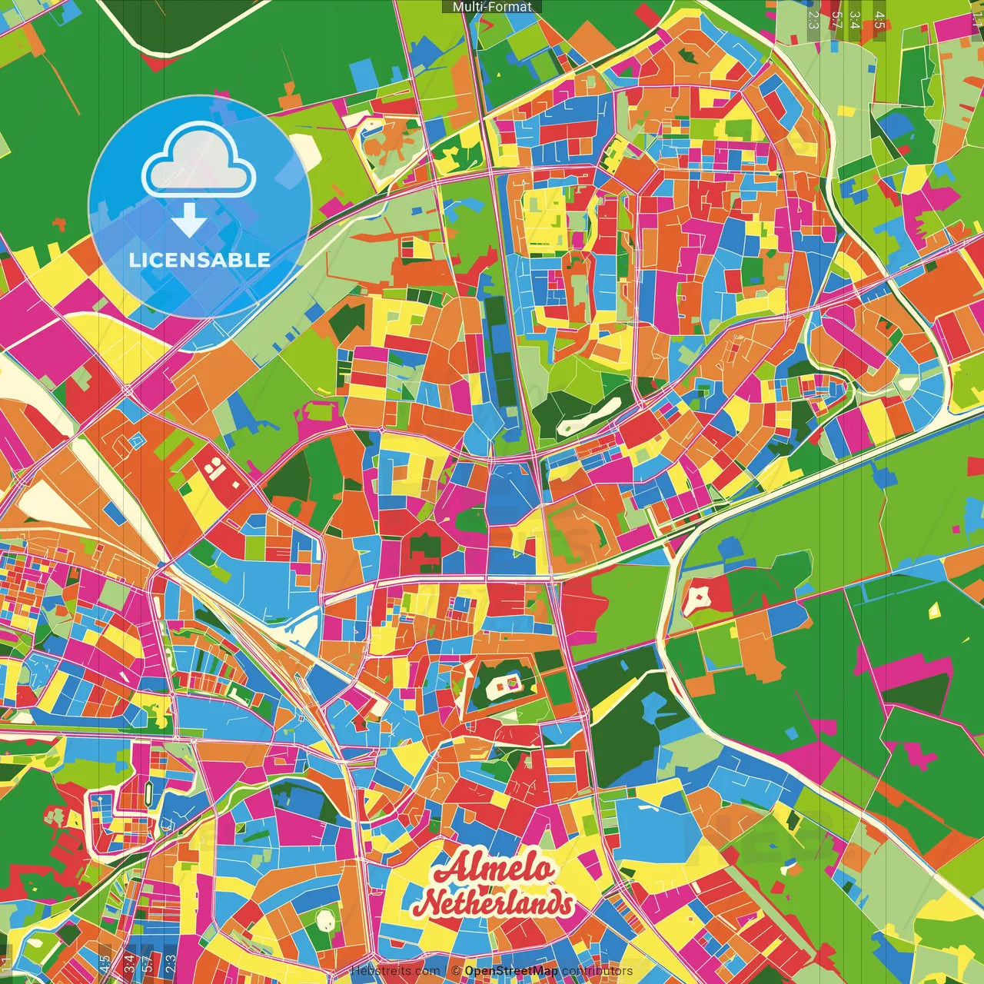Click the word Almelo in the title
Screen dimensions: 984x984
click(494, 869)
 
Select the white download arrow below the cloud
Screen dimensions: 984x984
click(188, 220)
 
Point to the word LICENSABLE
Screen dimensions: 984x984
click(200, 260)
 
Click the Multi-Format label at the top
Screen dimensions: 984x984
click(492, 7)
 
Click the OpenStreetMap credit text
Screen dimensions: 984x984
click(510, 971)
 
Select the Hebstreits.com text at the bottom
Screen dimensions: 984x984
click(395, 971)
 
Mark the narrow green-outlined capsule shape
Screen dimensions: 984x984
click(148, 791)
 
